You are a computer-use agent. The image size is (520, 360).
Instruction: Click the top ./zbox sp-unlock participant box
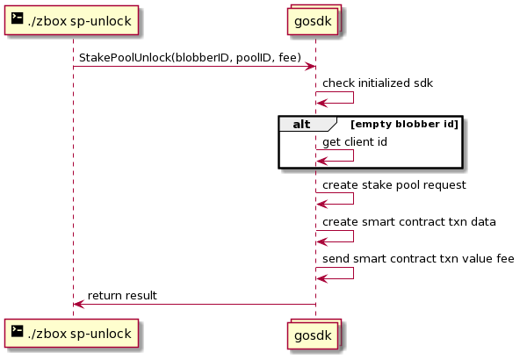point(71,20)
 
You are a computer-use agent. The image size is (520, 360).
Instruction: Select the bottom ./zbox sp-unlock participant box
point(71,334)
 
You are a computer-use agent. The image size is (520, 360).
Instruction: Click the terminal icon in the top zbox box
point(18,18)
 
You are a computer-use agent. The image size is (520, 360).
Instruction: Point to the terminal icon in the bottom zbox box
point(18,331)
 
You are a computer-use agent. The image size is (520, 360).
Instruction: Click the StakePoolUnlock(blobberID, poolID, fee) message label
point(190,58)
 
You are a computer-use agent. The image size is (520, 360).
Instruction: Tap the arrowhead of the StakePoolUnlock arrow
point(311,67)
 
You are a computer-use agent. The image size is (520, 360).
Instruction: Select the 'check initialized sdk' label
point(378,83)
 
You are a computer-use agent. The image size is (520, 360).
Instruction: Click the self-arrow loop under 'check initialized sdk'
point(353,97)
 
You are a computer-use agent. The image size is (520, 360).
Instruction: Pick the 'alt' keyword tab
point(301,125)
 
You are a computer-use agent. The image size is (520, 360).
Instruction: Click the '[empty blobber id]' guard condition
point(405,124)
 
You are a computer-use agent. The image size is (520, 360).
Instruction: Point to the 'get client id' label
point(355,142)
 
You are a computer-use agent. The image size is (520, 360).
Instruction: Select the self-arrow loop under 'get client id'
point(353,155)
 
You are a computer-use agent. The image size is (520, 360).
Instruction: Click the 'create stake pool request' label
point(394,185)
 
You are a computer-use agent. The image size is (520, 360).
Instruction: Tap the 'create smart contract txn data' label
point(409,222)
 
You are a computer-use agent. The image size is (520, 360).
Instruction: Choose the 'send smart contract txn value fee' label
point(418,258)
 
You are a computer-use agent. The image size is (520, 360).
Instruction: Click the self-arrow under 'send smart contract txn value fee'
point(353,273)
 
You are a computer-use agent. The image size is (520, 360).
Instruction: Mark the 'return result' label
point(122,295)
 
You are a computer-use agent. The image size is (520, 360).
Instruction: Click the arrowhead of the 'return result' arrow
point(78,304)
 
